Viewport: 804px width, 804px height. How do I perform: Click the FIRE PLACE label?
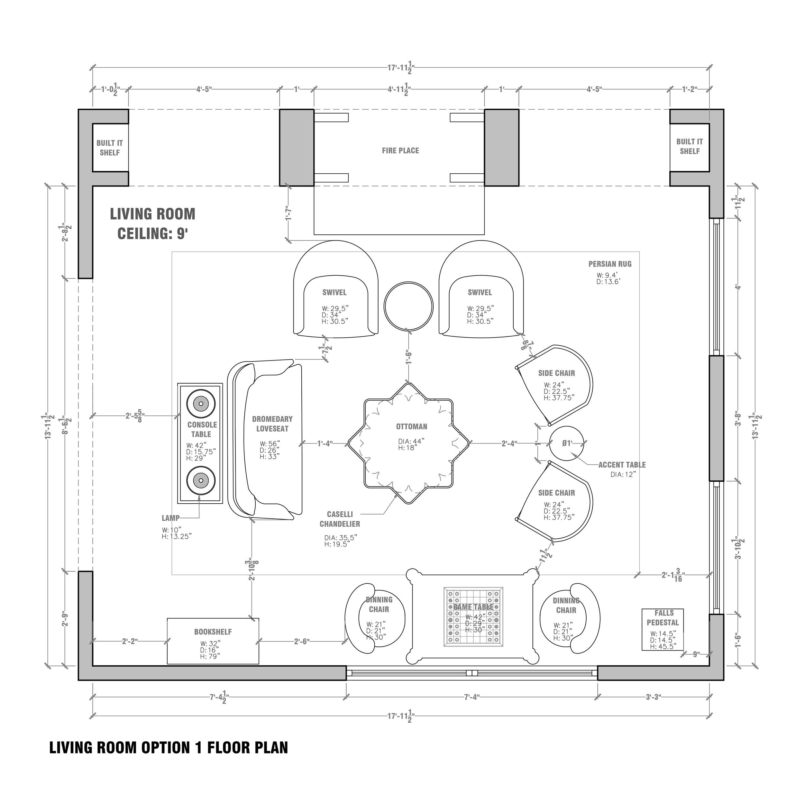[400, 151]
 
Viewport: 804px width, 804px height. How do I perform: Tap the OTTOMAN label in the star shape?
[411, 426]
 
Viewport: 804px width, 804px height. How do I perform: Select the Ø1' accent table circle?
[567, 443]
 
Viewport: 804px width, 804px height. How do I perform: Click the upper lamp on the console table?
[201, 403]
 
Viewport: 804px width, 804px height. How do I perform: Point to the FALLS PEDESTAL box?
[662, 630]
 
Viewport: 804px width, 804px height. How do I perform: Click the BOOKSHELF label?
[213, 632]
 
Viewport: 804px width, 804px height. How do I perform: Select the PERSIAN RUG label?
[610, 264]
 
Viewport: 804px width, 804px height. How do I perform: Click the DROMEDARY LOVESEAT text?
[272, 424]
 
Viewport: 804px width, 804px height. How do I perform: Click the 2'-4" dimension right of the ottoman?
[509, 443]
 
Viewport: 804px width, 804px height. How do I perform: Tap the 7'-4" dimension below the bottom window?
[471, 697]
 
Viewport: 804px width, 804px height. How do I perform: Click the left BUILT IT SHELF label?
[109, 148]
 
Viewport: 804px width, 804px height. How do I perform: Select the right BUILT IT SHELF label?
[689, 146]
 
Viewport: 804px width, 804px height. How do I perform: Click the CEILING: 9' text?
[152, 234]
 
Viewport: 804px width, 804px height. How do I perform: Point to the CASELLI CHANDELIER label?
[340, 519]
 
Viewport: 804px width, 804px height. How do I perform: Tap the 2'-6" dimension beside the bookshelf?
[302, 641]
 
